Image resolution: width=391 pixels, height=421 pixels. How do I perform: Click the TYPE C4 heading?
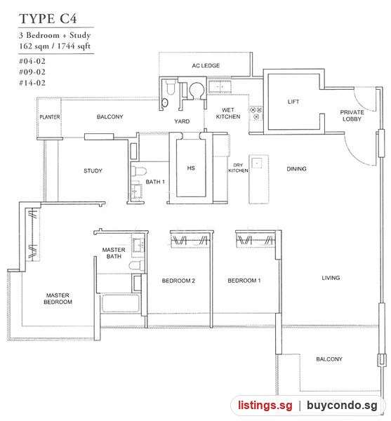pos(48,18)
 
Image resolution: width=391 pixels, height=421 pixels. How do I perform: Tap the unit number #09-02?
pos(32,72)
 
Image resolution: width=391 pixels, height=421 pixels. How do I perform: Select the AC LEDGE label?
pos(206,65)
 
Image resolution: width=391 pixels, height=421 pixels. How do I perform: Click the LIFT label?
pos(293,102)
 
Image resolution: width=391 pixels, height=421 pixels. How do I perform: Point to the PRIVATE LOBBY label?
pos(352,116)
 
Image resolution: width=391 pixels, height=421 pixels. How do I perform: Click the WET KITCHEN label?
pos(228,113)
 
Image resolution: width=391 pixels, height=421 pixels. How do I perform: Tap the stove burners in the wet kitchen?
pos(256,113)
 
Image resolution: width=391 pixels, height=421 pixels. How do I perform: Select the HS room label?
pos(191,168)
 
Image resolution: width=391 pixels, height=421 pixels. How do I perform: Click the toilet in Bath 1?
pos(139,171)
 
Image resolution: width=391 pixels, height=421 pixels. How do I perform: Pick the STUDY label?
pos(93,171)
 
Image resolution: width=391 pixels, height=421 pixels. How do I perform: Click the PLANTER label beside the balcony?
pos(50,117)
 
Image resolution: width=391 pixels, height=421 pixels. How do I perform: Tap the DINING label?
pos(296,169)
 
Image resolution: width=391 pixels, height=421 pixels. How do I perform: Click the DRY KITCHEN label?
pos(238,168)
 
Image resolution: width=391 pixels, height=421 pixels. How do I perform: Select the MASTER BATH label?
pos(114,253)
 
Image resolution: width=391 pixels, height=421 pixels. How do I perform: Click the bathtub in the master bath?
pos(121,303)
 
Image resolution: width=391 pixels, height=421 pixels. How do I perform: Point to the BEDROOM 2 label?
pos(178,281)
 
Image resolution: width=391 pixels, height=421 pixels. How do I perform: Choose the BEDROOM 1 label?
pos(244,281)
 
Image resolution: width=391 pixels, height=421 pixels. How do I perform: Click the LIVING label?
pos(331,278)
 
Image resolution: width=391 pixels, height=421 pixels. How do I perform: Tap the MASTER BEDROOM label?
pos(58,299)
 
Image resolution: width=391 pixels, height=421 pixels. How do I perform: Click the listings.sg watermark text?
pos(265,405)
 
